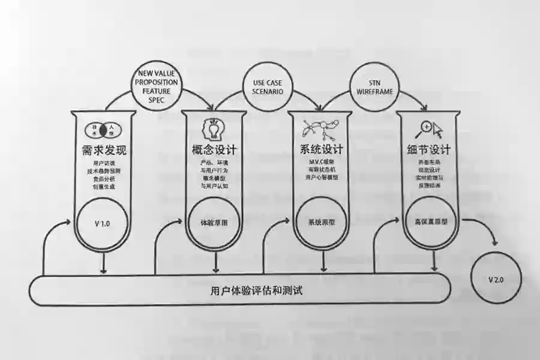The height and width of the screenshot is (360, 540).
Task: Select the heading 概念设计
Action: click(x=214, y=149)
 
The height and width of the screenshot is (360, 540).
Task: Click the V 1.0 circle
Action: click(x=103, y=224)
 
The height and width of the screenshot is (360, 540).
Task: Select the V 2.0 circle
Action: click(x=496, y=279)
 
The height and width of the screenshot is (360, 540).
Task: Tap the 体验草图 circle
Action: click(x=214, y=223)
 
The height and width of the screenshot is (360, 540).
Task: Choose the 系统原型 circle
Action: click(x=322, y=221)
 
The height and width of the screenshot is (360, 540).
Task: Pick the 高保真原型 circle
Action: click(x=431, y=220)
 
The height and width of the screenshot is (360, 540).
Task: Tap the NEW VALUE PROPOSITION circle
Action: click(x=156, y=85)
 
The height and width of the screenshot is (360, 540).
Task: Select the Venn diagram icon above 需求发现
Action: click(x=103, y=130)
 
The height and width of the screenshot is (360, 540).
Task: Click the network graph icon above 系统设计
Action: click(x=322, y=128)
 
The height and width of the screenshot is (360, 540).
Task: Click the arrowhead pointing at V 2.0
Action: click(x=495, y=243)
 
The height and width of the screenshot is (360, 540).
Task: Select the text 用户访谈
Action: click(x=103, y=164)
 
